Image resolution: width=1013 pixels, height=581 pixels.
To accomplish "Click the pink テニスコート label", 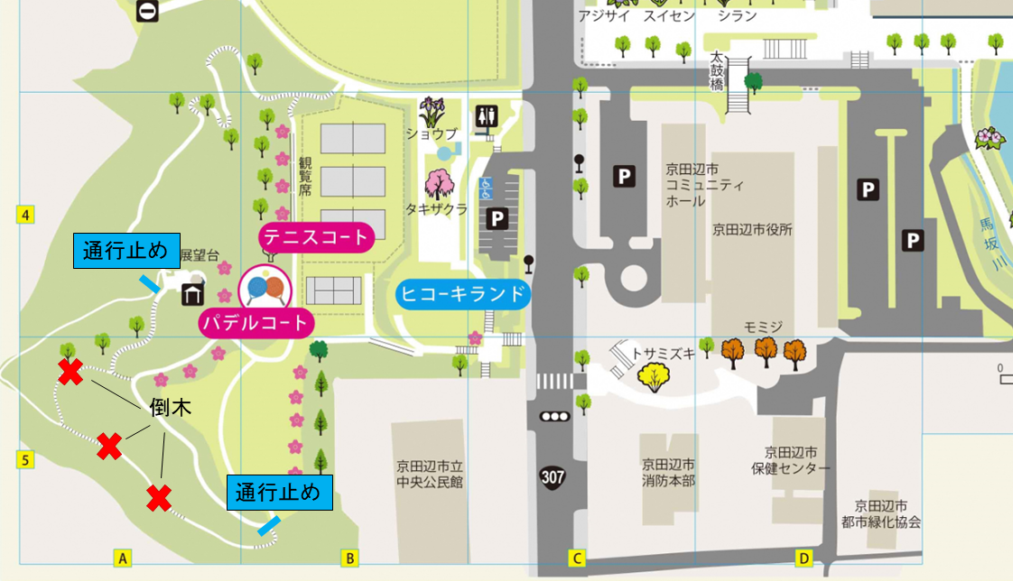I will pos(316,238).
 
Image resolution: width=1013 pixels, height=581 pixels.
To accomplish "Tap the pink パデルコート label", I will pos(255,322).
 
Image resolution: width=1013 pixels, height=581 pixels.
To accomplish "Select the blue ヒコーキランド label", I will pos(463,293).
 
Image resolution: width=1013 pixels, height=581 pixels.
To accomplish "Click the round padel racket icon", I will pos(265,287).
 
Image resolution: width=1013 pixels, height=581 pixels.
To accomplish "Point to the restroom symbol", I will pos(488,115).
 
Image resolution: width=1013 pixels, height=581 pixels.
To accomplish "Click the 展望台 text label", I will pos(200,256).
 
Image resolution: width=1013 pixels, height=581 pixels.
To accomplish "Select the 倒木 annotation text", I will pos(171,409).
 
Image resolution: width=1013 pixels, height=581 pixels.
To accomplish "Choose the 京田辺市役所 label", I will pos(752,229).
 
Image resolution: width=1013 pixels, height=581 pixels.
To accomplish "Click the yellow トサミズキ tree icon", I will pos(654,376).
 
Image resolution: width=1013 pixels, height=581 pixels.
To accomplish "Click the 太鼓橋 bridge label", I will pos(717,70).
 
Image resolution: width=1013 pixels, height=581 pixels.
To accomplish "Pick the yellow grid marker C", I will pos(576,558).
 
